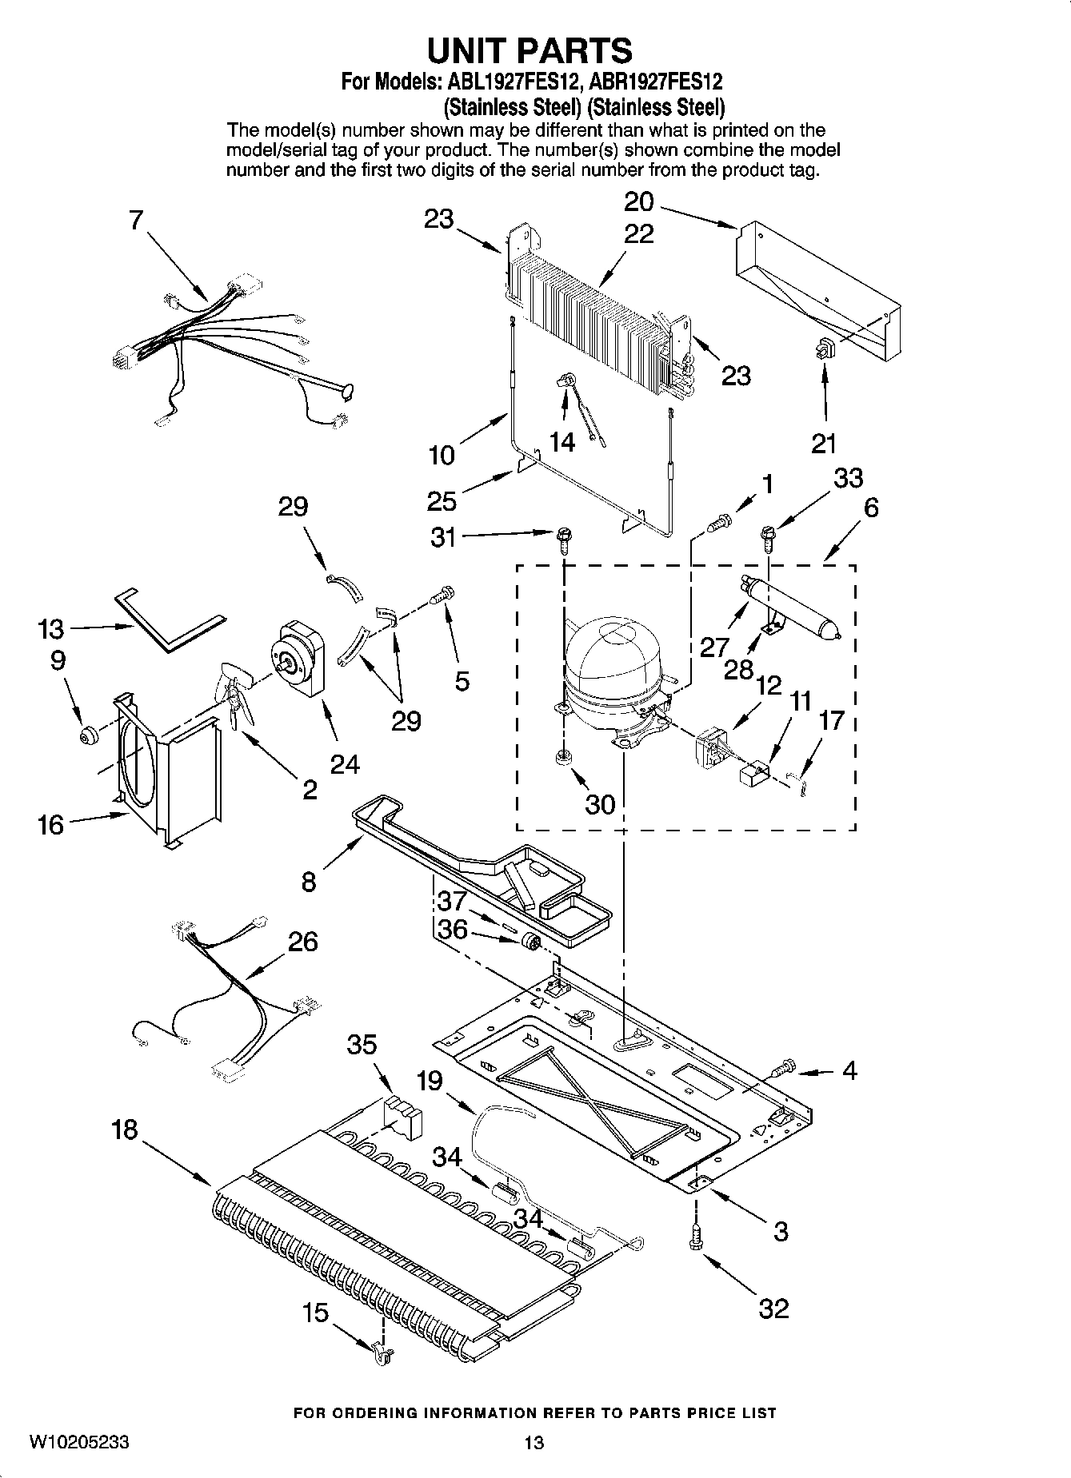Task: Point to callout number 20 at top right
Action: (x=639, y=201)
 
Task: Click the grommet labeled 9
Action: (x=88, y=733)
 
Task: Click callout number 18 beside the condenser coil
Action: (x=126, y=1130)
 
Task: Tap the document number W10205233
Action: (x=79, y=1441)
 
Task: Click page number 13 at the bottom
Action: (x=534, y=1442)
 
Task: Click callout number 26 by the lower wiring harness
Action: (x=302, y=941)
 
